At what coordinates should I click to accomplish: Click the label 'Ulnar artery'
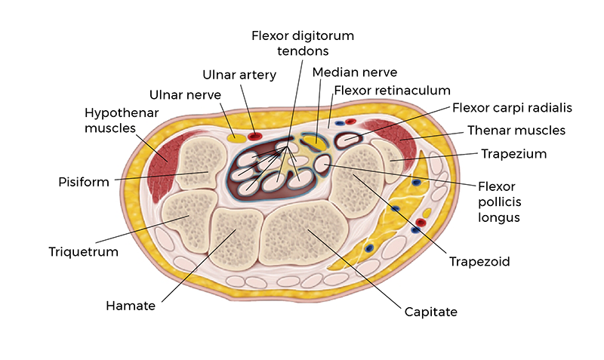(239, 75)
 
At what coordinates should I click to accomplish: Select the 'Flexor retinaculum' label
(381, 91)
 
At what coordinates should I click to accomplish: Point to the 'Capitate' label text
(431, 311)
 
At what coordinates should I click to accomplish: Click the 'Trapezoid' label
(481, 262)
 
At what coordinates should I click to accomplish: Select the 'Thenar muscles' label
(516, 131)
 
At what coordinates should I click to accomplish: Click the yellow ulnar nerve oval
(236, 138)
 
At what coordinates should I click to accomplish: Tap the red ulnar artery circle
(255, 137)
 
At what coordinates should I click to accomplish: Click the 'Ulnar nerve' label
(185, 95)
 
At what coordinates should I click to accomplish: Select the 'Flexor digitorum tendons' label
(302, 43)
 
